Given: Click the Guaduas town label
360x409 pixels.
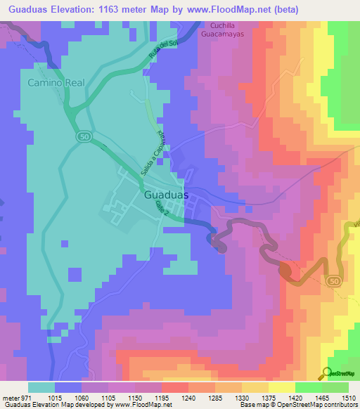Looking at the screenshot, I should point(166,197).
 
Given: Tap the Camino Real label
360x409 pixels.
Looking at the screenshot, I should point(56,83).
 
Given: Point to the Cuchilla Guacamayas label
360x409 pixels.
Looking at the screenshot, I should point(226,28).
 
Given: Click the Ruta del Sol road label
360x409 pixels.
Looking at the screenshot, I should point(162,50).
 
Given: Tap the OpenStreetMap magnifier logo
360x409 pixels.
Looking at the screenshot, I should point(328,372).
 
